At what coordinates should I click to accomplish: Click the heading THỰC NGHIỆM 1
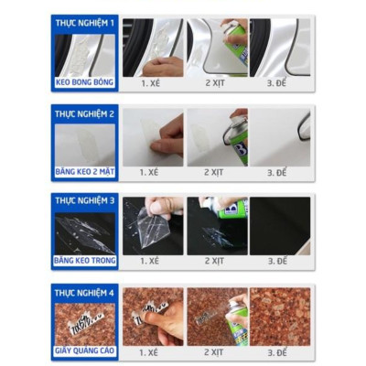click(x=85, y=21)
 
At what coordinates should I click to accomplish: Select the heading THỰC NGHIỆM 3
click(x=85, y=199)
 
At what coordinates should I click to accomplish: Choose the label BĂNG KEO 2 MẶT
click(x=85, y=171)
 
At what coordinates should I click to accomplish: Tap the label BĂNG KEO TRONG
click(x=85, y=261)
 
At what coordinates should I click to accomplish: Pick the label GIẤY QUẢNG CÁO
click(x=85, y=350)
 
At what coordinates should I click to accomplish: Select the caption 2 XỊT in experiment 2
click(x=216, y=171)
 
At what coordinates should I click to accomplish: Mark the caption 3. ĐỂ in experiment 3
click(x=279, y=261)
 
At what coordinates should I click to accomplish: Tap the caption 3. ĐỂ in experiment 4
click(x=279, y=350)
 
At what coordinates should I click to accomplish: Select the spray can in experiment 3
click(x=236, y=220)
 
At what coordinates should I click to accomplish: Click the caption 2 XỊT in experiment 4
click(x=216, y=350)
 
